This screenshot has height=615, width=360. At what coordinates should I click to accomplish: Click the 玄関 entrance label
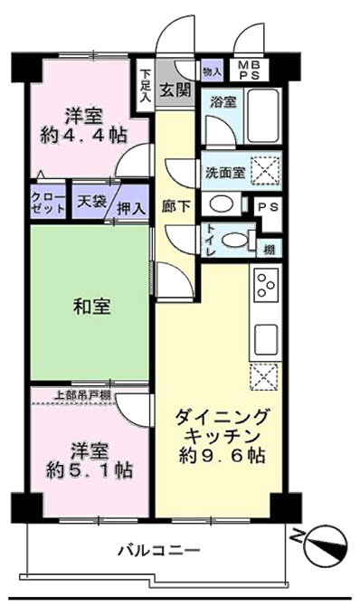[x=175, y=91]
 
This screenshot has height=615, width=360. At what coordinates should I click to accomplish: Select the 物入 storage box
[x=213, y=71]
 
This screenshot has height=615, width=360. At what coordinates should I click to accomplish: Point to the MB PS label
[x=250, y=71]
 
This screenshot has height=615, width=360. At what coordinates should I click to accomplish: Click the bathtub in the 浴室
[x=262, y=116]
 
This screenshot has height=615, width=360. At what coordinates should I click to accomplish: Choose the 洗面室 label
[x=225, y=172]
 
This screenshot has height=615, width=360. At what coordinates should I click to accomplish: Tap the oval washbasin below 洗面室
[x=222, y=204]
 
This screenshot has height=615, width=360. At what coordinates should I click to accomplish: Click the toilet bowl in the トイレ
[x=233, y=240]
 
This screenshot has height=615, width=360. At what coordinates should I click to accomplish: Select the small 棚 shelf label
[x=269, y=250]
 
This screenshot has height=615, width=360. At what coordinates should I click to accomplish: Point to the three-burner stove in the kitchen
[x=266, y=285]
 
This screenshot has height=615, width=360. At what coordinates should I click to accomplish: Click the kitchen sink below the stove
[x=266, y=339]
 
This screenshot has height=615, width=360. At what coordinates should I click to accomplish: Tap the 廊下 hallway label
[x=175, y=206]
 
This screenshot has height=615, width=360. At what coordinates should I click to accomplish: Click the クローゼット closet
[x=49, y=203]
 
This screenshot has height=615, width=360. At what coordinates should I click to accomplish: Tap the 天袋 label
[x=92, y=201]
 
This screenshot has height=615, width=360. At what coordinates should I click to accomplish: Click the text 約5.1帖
[x=90, y=469]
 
